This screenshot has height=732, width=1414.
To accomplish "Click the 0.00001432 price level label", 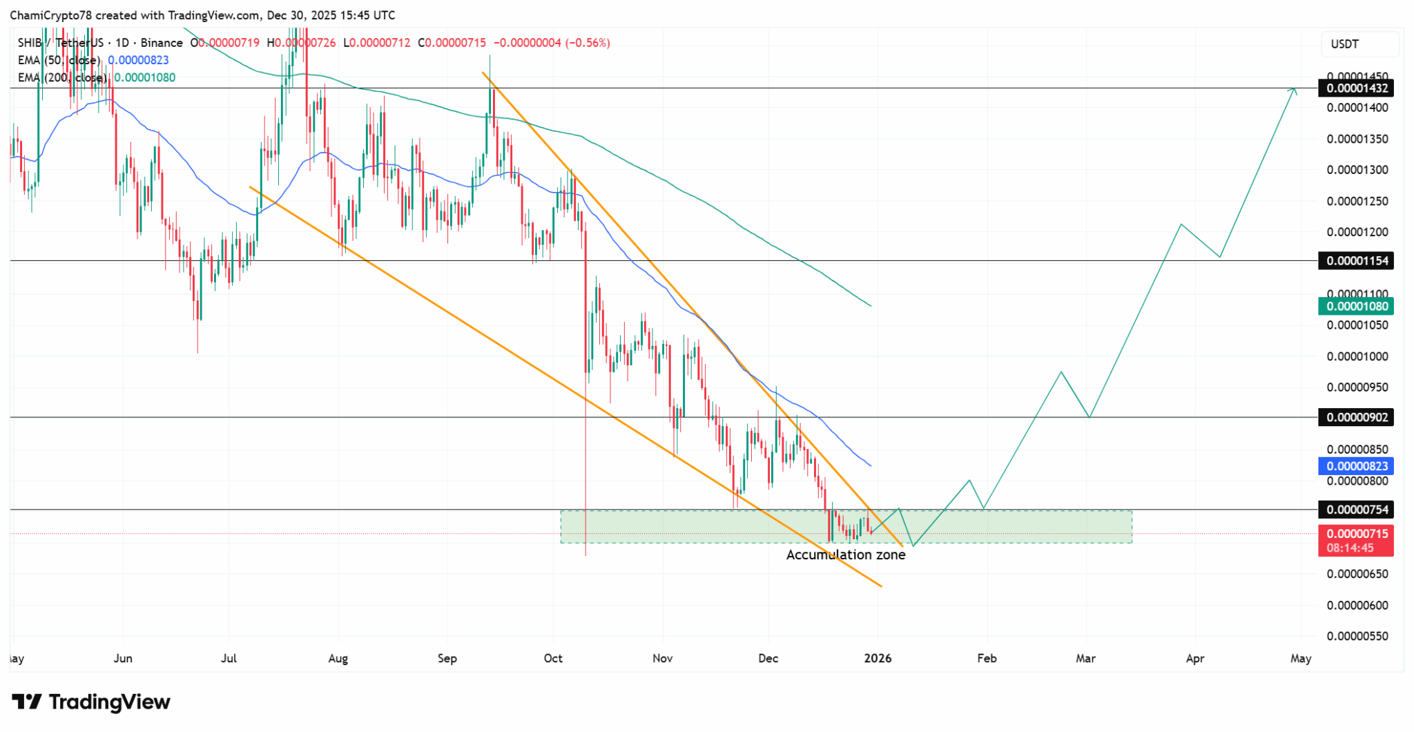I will click(x=1355, y=88).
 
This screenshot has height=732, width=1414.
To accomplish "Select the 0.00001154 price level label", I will click(x=1355, y=261).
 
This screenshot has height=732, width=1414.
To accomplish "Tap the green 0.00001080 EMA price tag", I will click(x=1355, y=306).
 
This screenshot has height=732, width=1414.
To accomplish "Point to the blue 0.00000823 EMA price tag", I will click(x=1355, y=466).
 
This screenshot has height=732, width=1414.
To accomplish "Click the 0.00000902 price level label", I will click(x=1355, y=417).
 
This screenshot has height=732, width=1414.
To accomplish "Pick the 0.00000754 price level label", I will click(x=1355, y=510).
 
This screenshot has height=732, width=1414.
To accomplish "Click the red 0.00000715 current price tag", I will click(x=1355, y=534).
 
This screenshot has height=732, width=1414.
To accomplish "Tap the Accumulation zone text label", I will click(x=846, y=555).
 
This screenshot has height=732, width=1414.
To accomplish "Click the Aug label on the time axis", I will click(x=338, y=659).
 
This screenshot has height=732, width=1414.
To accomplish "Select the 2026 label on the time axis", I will click(x=878, y=659).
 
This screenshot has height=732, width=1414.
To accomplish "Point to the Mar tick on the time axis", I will click(x=1086, y=659).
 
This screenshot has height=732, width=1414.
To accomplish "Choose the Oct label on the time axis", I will click(x=553, y=659).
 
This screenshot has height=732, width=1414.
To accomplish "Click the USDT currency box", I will click(x=1344, y=44).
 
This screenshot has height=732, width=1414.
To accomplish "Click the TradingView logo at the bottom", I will click(x=91, y=702).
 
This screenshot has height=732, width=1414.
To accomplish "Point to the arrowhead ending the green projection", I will click(x=1294, y=90).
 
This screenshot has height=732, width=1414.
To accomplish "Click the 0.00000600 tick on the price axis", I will click(x=1357, y=606).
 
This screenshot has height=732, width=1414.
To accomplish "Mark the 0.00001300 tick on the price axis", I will click(x=1357, y=170).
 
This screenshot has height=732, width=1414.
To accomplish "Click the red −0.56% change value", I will click(x=588, y=43).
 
